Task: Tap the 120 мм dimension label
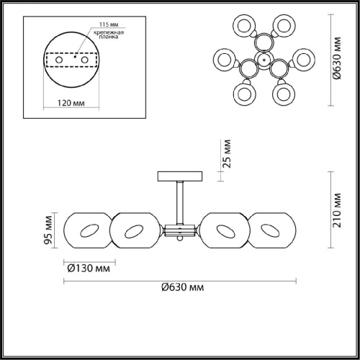click(68, 103)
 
